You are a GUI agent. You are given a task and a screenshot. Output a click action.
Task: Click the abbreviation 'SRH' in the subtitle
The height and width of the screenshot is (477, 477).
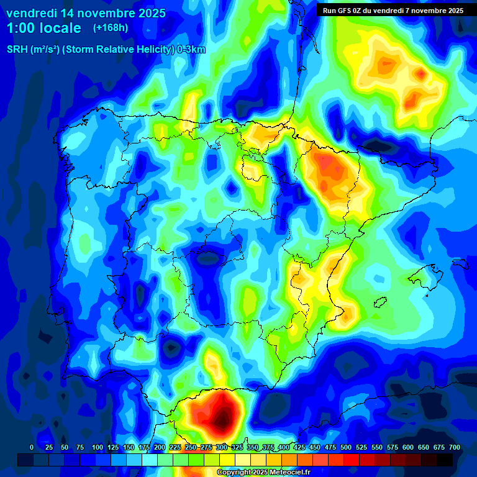click(x=17, y=50)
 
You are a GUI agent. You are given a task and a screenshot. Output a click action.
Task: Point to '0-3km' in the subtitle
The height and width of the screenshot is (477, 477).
click(x=191, y=50)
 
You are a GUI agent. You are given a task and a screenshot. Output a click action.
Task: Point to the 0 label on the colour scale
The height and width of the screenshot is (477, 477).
click(x=32, y=447)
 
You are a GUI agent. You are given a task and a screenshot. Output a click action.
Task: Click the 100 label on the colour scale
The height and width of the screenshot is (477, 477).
click(x=97, y=447)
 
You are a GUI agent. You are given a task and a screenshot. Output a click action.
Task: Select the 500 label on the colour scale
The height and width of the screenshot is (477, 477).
click(x=346, y=447)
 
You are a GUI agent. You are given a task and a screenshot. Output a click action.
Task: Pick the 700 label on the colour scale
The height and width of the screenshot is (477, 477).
click(x=455, y=447)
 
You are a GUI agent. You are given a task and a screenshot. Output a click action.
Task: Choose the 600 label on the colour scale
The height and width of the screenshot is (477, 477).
click(x=408, y=447)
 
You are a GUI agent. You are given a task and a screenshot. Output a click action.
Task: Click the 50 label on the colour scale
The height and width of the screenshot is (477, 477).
click(x=65, y=447)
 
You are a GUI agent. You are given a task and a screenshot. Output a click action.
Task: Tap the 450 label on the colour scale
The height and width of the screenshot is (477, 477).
click(x=315, y=447)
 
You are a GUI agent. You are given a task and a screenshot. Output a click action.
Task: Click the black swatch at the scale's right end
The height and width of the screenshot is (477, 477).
click(x=444, y=460)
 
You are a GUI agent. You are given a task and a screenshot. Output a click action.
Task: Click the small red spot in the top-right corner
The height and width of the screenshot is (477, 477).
click(x=422, y=75)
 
